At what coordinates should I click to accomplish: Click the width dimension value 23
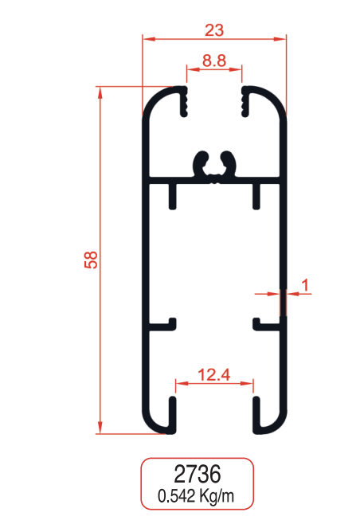(213, 29)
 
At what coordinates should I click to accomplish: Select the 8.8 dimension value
(213, 59)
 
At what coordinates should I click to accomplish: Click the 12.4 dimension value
(214, 373)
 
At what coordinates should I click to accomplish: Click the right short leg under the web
(256, 194)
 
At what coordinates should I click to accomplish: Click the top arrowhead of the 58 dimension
(100, 91)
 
